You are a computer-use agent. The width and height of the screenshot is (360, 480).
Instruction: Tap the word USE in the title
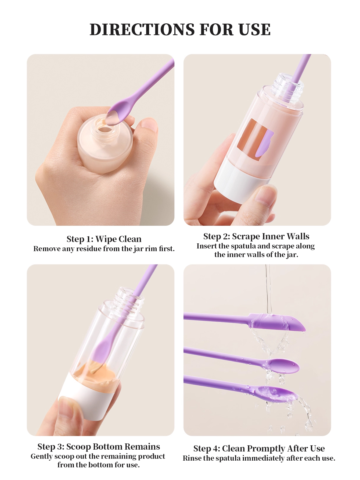tap(254, 29)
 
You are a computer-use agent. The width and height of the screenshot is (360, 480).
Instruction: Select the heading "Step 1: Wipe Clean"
tap(104, 239)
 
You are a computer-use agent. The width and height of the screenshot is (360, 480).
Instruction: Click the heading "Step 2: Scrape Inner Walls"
tap(256, 236)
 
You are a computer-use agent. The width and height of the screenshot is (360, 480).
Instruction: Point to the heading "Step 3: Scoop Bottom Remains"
tap(99, 447)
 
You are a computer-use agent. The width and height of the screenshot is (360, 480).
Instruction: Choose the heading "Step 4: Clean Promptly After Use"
tap(259, 449)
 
